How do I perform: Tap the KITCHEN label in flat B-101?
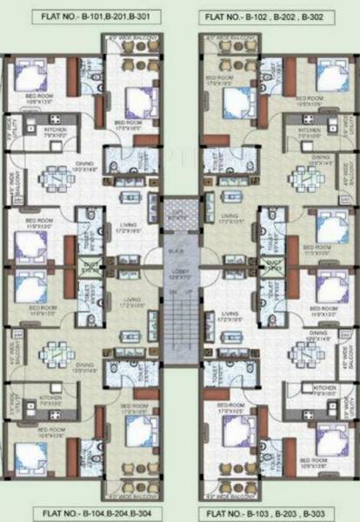[x=56, y=133]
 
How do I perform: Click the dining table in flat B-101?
[x=56, y=179]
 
